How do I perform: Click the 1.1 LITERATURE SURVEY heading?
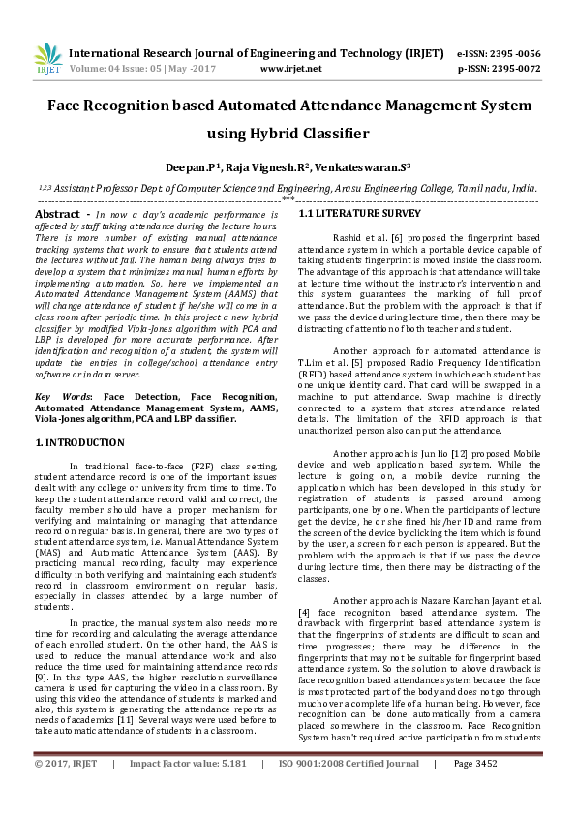click(x=346, y=212)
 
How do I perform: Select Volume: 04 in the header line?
click(x=95, y=70)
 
